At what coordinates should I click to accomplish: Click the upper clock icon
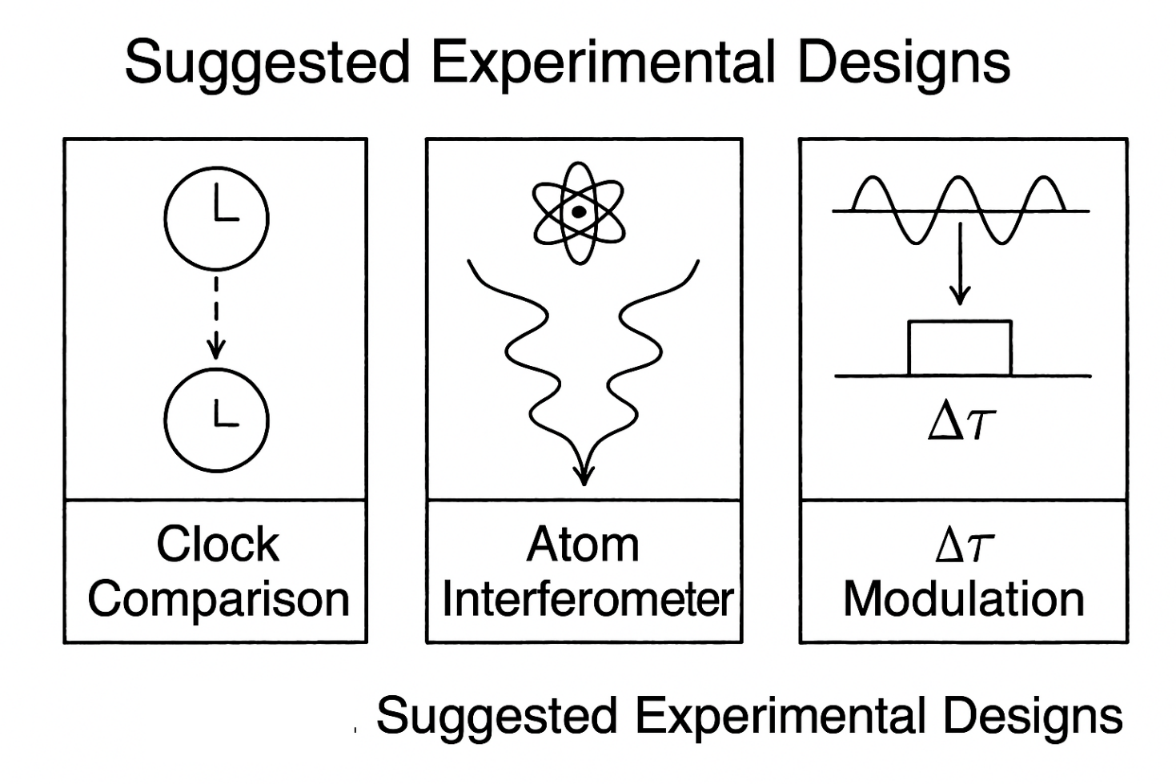(x=216, y=218)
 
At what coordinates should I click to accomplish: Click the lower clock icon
(x=216, y=420)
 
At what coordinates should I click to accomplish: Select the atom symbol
(x=577, y=212)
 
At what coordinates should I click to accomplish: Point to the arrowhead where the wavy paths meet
(x=584, y=472)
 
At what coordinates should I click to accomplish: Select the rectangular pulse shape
(x=960, y=348)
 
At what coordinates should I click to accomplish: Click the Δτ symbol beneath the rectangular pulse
(x=961, y=422)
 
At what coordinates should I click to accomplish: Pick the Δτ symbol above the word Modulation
(x=964, y=545)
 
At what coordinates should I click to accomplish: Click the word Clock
(x=218, y=545)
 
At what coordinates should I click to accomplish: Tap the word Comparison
(x=218, y=599)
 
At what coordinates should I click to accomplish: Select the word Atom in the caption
(x=583, y=545)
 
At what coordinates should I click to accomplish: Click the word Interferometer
(x=588, y=599)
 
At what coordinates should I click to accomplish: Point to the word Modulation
(x=964, y=599)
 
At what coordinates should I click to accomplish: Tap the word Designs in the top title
(x=904, y=62)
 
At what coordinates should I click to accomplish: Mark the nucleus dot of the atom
(x=577, y=212)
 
